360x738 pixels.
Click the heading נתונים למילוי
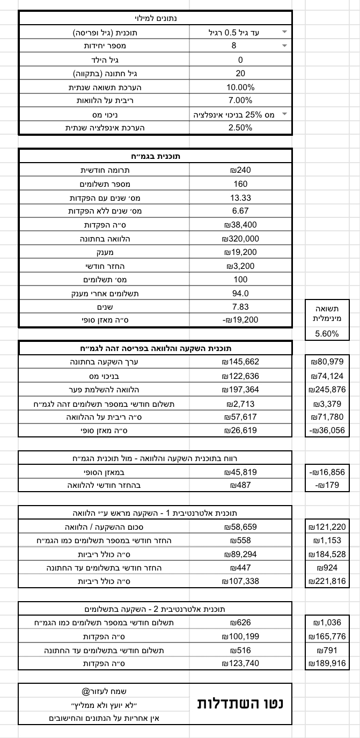click(x=156, y=18)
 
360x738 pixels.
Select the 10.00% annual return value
click(x=240, y=87)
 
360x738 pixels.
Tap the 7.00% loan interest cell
click(x=240, y=100)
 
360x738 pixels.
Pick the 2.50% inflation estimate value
click(x=240, y=128)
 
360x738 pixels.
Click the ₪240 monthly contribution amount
click(x=240, y=170)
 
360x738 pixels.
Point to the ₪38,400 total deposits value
click(x=240, y=225)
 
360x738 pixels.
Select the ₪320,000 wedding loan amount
click(x=240, y=239)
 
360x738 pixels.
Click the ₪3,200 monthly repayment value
click(x=240, y=266)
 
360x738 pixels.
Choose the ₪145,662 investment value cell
click(x=240, y=362)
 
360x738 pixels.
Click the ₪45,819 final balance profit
click(x=240, y=472)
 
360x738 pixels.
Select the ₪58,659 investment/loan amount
click(x=240, y=527)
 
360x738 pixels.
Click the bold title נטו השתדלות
click(x=240, y=703)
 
